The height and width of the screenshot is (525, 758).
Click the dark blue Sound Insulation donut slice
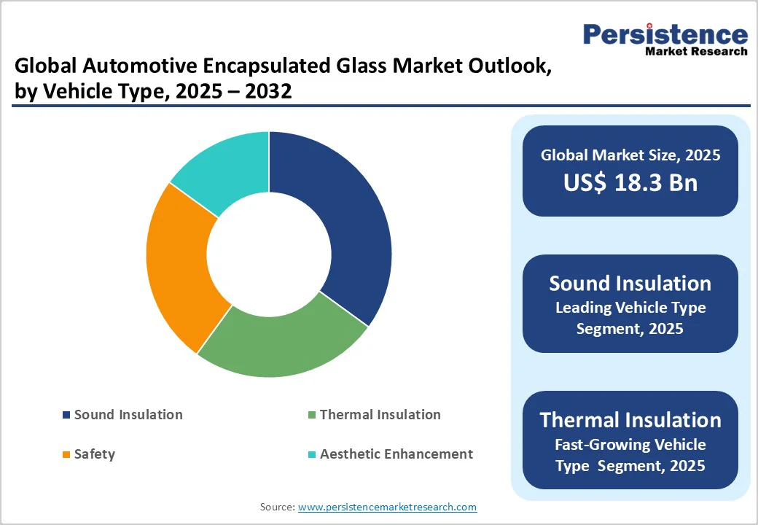[x=343, y=226]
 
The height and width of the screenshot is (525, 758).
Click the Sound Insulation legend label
[x=128, y=415]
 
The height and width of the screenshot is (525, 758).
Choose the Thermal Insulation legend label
[x=380, y=415]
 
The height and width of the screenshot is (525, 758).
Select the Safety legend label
[x=95, y=454]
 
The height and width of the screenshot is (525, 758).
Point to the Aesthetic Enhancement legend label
[x=396, y=454]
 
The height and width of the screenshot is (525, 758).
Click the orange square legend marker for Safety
[x=66, y=455]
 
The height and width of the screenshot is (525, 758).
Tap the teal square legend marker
[x=312, y=455]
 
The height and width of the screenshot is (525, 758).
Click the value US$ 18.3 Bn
[x=630, y=182]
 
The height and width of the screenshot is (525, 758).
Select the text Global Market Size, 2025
[x=630, y=155]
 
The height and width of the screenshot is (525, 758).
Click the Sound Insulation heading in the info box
[x=630, y=283]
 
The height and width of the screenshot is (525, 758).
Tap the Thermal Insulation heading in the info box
[x=630, y=420]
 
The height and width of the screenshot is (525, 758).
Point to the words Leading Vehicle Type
[x=630, y=308]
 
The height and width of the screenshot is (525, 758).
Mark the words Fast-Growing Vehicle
[x=630, y=444]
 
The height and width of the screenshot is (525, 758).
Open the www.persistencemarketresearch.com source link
[x=387, y=507]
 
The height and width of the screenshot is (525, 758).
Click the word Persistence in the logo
[x=665, y=34]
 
